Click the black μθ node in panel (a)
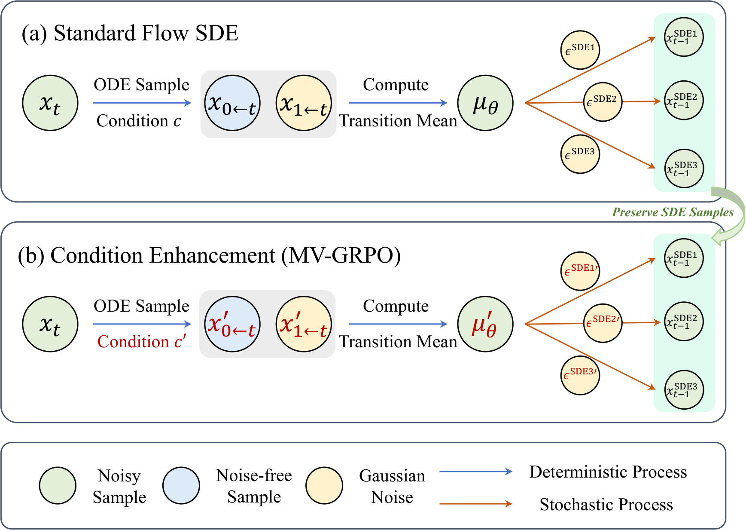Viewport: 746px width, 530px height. click(485, 103)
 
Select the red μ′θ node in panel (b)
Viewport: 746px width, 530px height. click(485, 324)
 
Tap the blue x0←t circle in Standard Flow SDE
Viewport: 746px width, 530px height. click(232, 103)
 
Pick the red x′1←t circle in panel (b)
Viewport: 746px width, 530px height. click(304, 324)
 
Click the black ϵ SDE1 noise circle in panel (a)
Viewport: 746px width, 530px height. click(580, 50)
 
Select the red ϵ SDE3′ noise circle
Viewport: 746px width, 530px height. click(580, 376)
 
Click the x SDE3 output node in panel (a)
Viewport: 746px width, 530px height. click(684, 168)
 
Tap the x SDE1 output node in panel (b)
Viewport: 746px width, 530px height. click(684, 258)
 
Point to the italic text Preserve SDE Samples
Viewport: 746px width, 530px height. click(673, 212)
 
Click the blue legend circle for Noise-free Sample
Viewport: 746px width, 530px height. click(181, 486)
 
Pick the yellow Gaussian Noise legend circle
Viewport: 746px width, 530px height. click(324, 486)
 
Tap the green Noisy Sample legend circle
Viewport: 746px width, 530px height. click(58, 486)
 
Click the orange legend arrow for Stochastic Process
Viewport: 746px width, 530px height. click(475, 504)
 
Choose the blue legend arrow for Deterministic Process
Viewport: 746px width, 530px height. click(475, 472)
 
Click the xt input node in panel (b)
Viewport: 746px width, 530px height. click(50, 324)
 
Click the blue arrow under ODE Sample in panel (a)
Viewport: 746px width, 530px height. click(142, 103)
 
